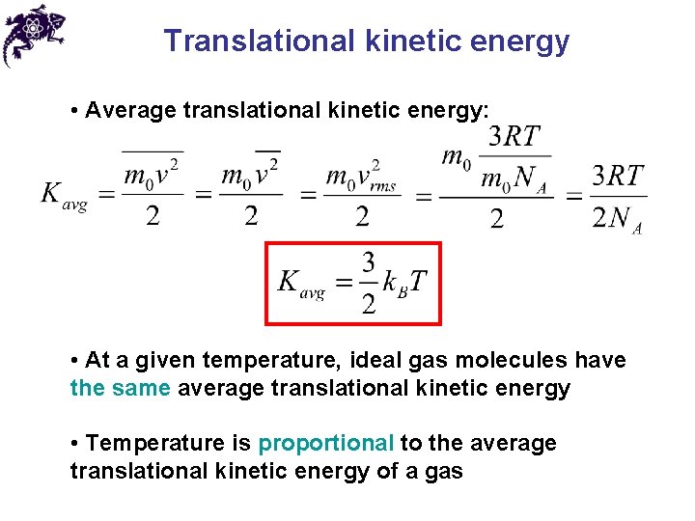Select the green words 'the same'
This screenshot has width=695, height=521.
point(120,388)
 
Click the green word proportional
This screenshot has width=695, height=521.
point(326,443)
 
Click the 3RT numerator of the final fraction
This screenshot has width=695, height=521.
point(618,176)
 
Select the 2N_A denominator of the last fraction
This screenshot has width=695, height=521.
point(617,219)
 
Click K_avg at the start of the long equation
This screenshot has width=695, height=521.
point(64,195)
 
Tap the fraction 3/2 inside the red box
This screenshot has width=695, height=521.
point(368,283)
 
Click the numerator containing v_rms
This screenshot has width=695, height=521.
point(362,177)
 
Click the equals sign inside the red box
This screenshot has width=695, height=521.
point(343,284)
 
